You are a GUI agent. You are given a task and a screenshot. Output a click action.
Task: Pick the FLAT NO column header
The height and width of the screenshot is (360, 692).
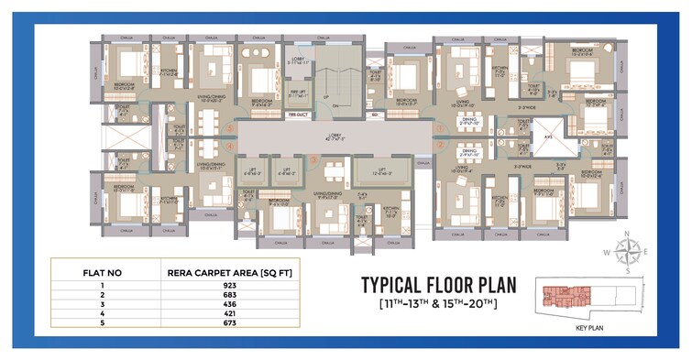click(x=86, y=272)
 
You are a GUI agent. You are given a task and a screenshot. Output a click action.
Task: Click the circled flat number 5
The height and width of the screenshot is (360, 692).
click(x=227, y=128)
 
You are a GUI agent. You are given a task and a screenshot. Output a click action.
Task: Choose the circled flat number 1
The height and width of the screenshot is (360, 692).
click(x=438, y=128)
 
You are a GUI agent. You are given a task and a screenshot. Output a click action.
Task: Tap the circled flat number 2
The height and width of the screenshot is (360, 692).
click(x=438, y=145)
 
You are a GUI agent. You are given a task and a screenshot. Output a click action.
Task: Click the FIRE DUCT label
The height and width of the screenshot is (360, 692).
click(x=297, y=115)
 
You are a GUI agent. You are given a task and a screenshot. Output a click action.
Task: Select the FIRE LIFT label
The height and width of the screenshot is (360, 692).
click(x=298, y=93)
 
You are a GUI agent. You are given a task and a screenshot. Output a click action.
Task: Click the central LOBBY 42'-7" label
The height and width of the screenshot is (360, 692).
click(x=335, y=137)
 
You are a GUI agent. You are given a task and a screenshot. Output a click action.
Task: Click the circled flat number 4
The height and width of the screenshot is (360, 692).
click(x=227, y=145)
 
